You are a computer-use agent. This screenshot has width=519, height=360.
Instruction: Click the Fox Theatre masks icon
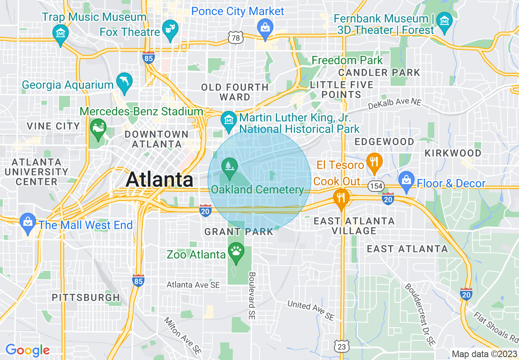[169, 29]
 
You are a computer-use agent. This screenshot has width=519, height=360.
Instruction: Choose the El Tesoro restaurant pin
[373, 161]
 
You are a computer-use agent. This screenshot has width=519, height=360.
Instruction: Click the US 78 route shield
[236, 38]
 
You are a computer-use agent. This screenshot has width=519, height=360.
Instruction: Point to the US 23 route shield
[341, 346]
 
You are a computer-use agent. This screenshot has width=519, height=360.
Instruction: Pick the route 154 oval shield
[375, 186]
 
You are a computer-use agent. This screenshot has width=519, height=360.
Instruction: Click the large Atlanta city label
[160, 180]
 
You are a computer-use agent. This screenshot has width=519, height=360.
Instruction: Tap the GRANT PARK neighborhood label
[239, 232]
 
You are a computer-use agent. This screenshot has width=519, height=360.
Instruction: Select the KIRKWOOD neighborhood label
[453, 153]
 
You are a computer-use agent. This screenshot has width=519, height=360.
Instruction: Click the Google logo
[27, 350]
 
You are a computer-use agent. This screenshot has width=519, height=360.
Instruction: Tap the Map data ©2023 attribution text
[484, 354]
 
